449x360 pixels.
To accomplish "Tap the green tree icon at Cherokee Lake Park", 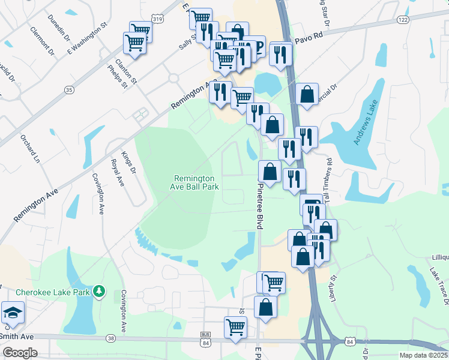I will pos(100,292).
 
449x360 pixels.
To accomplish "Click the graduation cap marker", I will pos(13,314).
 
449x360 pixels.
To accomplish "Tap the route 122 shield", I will pos(403,20).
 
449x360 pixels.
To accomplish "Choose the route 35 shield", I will pos(70,89).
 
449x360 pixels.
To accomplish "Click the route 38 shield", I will pos(111,338).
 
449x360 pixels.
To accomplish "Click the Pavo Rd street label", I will pos(310,41).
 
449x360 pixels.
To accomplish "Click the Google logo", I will pos(20,352).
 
